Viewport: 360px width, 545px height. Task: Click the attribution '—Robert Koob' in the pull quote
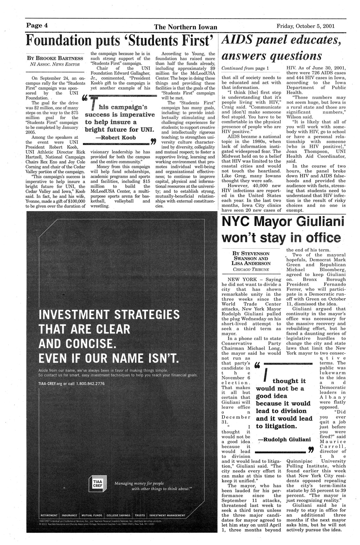point(117,138)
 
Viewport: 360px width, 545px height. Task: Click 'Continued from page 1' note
point(245,69)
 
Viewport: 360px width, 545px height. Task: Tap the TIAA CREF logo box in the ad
point(97,486)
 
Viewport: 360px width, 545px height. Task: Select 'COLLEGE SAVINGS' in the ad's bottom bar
point(119,515)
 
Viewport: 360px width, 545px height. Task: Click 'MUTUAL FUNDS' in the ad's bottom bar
point(92,515)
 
